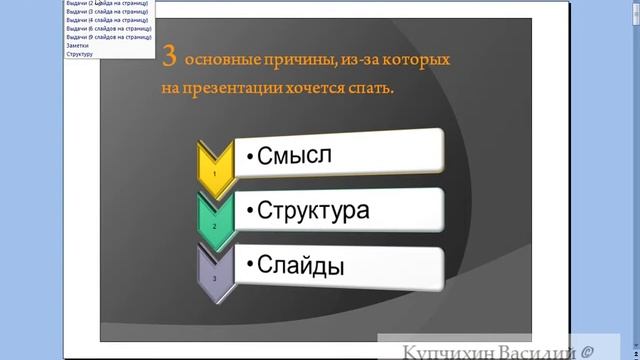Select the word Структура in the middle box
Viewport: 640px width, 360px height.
pos(313,211)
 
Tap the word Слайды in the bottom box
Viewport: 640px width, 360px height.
pos(301,267)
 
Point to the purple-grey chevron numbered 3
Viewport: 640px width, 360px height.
pos(213,273)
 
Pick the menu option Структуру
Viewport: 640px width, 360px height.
pos(79,53)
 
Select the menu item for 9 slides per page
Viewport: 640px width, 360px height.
pos(106,37)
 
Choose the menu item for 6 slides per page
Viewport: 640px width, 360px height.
pos(106,28)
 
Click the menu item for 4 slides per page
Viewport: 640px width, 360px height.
pos(106,20)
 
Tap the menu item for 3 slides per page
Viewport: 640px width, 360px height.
pos(106,11)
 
